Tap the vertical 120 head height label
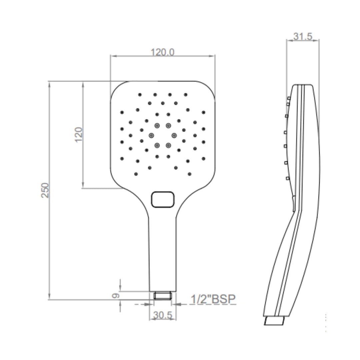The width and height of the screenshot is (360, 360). click(79, 134)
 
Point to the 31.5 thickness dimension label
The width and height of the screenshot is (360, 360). click(303, 36)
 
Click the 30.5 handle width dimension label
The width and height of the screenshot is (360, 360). click(163, 314)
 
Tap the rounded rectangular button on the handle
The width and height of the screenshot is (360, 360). click(163, 199)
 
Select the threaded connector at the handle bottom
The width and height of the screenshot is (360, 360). click(163, 295)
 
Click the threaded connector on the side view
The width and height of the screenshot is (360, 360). click(274, 321)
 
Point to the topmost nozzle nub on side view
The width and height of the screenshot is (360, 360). click(289, 98)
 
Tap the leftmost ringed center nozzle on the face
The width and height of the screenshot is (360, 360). click(152, 135)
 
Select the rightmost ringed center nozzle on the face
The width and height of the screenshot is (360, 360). click(174, 135)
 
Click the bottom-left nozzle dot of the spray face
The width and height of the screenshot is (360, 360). click(136, 174)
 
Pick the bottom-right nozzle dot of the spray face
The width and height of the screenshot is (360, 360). click(190, 174)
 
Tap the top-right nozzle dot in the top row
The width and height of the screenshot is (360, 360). click(186, 95)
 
